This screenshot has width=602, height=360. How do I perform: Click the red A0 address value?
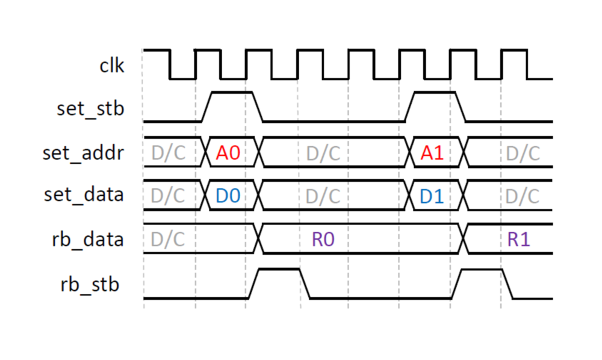[x=228, y=153]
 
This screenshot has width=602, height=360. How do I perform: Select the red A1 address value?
[x=432, y=153]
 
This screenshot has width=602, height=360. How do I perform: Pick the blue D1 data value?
[x=432, y=196]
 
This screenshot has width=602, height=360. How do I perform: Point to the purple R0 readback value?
[x=323, y=240]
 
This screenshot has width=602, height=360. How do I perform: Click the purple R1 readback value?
[x=518, y=240]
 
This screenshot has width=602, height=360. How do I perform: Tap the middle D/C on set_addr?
[x=323, y=153]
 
